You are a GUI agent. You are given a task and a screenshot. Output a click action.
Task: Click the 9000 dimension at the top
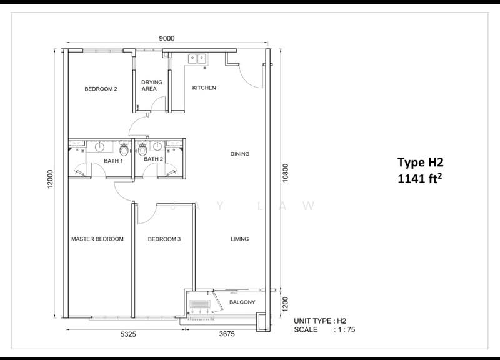pyautogui.click(x=166, y=39)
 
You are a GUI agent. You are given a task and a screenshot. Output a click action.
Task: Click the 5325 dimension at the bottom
pyautogui.click(x=129, y=335)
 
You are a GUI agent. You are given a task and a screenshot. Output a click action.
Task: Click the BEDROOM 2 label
pyautogui.click(x=101, y=89)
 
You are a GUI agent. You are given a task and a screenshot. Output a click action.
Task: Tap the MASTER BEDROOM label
pyautogui.click(x=97, y=239)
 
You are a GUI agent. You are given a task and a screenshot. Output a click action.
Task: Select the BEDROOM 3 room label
pyautogui.click(x=164, y=239)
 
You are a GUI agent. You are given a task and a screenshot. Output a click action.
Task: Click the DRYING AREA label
pyautogui.click(x=152, y=86)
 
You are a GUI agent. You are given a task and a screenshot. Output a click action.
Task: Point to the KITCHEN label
pyautogui.click(x=204, y=88)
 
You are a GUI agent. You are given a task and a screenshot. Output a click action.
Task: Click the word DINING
pyautogui.click(x=240, y=154)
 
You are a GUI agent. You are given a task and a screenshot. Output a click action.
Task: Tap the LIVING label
pyautogui.click(x=240, y=239)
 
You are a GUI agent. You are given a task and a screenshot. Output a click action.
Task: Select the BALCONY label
pyautogui.click(x=242, y=302)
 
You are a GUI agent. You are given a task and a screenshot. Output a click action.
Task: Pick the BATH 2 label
pyautogui.click(x=153, y=159)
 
